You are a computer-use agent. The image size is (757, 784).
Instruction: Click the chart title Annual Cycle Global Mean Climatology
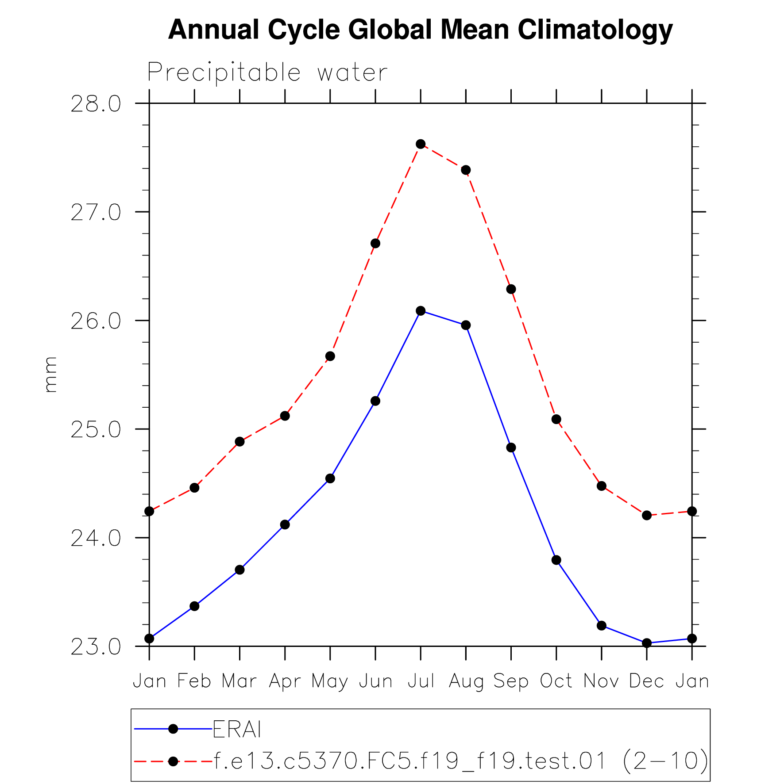coord(420,30)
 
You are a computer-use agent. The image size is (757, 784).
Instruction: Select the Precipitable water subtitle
coord(267,73)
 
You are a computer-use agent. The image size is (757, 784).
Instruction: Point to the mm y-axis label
coord(51,375)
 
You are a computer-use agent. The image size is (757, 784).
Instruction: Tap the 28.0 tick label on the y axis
coord(95,104)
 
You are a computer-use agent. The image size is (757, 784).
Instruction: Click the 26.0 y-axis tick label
coord(95,321)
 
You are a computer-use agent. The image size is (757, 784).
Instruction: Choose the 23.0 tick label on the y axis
coord(95,646)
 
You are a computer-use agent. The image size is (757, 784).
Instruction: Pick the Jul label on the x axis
coord(421,681)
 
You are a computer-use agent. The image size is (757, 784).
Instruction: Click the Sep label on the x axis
coord(511,681)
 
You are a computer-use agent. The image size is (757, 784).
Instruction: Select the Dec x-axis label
coord(646,681)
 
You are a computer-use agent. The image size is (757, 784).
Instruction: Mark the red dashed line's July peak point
coord(421,144)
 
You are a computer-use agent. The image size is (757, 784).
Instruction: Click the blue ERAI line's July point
coord(421,311)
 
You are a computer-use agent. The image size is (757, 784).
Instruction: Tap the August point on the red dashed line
coord(466,170)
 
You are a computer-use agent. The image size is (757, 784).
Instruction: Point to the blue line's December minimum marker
coord(647,643)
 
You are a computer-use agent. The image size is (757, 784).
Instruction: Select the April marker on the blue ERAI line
coord(285,525)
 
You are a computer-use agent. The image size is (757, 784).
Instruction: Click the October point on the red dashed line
coord(556,419)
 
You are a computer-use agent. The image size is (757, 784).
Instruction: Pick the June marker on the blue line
coord(375,401)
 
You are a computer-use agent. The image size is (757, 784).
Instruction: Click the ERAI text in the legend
coord(237,730)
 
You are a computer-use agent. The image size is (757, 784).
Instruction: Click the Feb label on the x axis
coord(194,681)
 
